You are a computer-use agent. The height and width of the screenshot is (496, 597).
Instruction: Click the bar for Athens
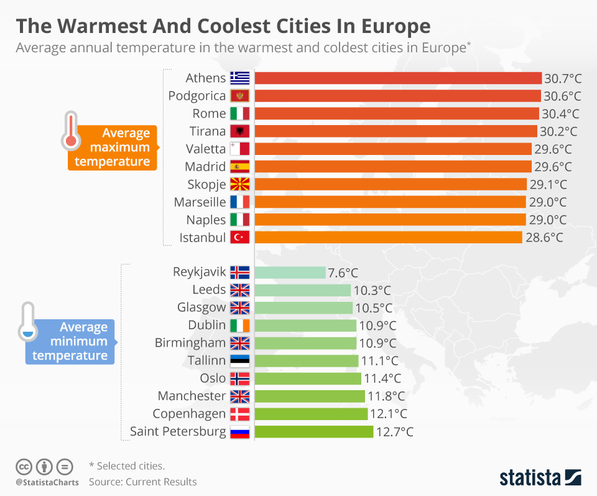pos(398,78)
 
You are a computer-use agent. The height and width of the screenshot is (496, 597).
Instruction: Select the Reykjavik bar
pos(290,273)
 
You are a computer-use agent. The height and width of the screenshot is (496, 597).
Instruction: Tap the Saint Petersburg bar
pos(314,432)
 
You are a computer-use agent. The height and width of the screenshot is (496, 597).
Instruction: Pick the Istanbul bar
pos(389,237)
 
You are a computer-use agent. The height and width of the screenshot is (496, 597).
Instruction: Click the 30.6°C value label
pos(562,96)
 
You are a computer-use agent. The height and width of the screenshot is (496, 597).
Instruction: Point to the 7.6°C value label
pos(343,273)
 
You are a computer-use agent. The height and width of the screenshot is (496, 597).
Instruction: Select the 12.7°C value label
pos(394,432)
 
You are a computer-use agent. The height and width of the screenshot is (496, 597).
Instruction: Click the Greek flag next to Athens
pos(239,78)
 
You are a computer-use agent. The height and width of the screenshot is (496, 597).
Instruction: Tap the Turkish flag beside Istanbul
pos(239,237)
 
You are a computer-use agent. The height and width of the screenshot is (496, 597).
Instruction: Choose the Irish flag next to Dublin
pos(239,325)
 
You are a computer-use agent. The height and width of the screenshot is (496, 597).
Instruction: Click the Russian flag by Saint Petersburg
pos(239,432)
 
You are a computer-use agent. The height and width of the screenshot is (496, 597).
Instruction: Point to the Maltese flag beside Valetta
pos(239,149)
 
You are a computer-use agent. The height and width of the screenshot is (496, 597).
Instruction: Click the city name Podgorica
pos(197,96)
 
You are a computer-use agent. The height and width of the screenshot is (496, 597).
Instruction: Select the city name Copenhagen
pos(190,414)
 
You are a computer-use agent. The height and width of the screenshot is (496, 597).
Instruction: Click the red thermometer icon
pos(70,132)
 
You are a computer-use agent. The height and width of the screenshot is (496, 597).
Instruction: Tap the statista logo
pos(540,477)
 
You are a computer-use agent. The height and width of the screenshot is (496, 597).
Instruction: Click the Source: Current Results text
pos(142,482)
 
